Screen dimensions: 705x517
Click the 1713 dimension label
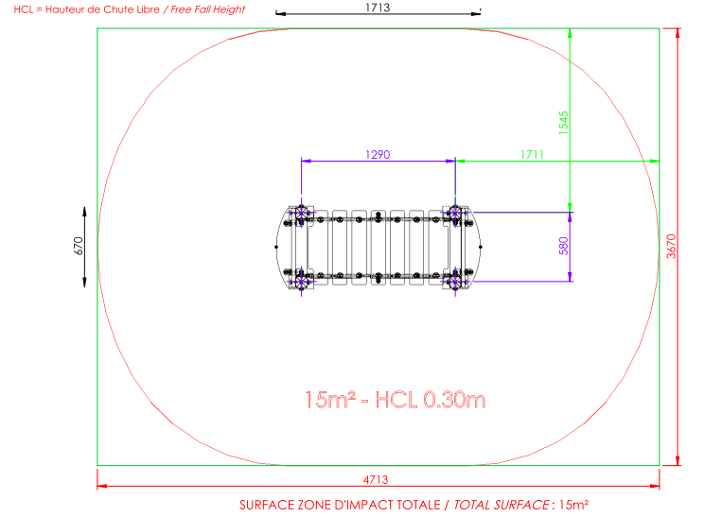click(378, 8)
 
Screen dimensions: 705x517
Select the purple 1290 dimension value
click(378, 154)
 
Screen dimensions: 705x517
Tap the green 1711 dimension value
click(533, 154)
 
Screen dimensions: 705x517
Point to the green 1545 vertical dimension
click(563, 123)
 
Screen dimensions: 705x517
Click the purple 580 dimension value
click(563, 246)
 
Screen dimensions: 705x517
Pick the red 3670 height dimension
click(671, 246)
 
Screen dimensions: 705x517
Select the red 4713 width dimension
click(376, 480)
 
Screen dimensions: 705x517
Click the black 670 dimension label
click(79, 246)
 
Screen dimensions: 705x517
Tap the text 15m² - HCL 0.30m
click(396, 399)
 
